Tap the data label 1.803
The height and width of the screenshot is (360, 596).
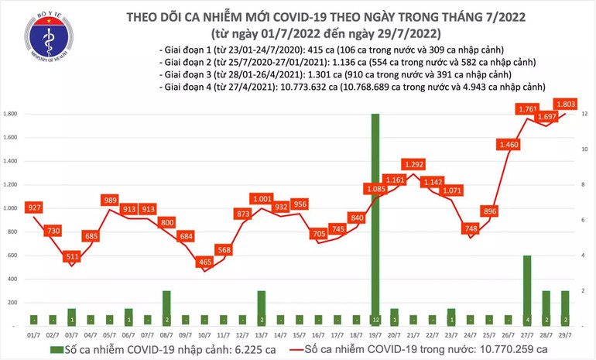tap(564, 103)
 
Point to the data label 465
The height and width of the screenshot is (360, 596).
tap(205, 262)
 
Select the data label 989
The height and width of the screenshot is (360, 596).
tap(111, 201)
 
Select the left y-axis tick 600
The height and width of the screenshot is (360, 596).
tap(15, 255)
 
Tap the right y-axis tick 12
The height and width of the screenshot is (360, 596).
tap(584, 114)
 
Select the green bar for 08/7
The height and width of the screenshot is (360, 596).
tap(167, 307)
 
